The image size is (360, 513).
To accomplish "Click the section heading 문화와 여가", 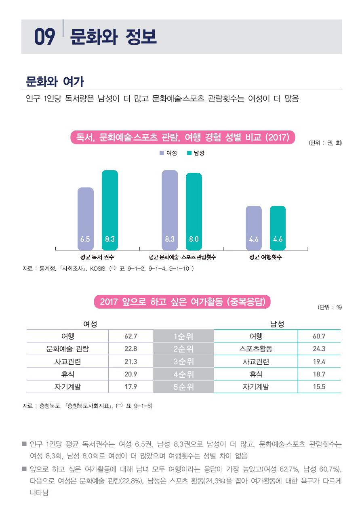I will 55,82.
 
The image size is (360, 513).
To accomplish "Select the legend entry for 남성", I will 195,153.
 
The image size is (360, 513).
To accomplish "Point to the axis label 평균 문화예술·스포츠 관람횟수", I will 182,257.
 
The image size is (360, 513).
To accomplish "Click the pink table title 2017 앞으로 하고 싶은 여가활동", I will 182,302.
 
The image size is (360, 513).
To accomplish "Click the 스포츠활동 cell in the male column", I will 255,349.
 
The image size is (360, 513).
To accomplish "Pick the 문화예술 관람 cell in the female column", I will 67,349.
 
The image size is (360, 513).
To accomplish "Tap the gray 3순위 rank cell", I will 183,361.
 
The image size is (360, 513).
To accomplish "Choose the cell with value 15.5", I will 319,387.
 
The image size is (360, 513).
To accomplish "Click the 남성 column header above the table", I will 277,324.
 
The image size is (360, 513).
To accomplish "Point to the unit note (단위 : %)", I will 330,307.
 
